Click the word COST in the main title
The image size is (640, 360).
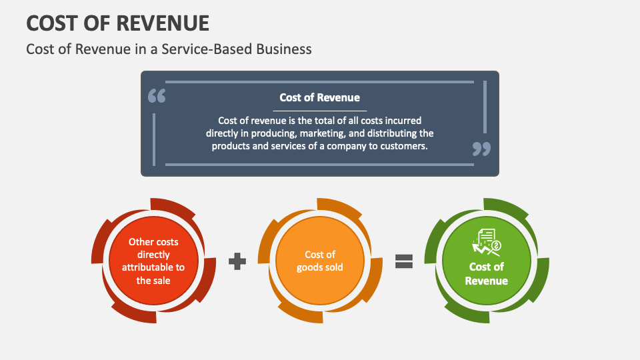pos(49,23)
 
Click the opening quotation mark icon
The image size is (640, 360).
pos(156,96)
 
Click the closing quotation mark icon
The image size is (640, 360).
pos(481,149)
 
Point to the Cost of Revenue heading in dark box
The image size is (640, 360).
pos(319,97)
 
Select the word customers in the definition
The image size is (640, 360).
pos(403,145)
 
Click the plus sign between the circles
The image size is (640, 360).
pos(237,261)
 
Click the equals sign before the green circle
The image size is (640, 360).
pos(404,261)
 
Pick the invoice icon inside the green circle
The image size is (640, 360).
pos(487,242)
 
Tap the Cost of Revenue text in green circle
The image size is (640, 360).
pos(487,273)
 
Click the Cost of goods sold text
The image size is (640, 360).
pos(320,261)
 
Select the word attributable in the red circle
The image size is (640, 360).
pos(153,267)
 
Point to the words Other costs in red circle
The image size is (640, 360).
pos(153,242)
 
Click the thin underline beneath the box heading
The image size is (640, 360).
pos(319,111)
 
